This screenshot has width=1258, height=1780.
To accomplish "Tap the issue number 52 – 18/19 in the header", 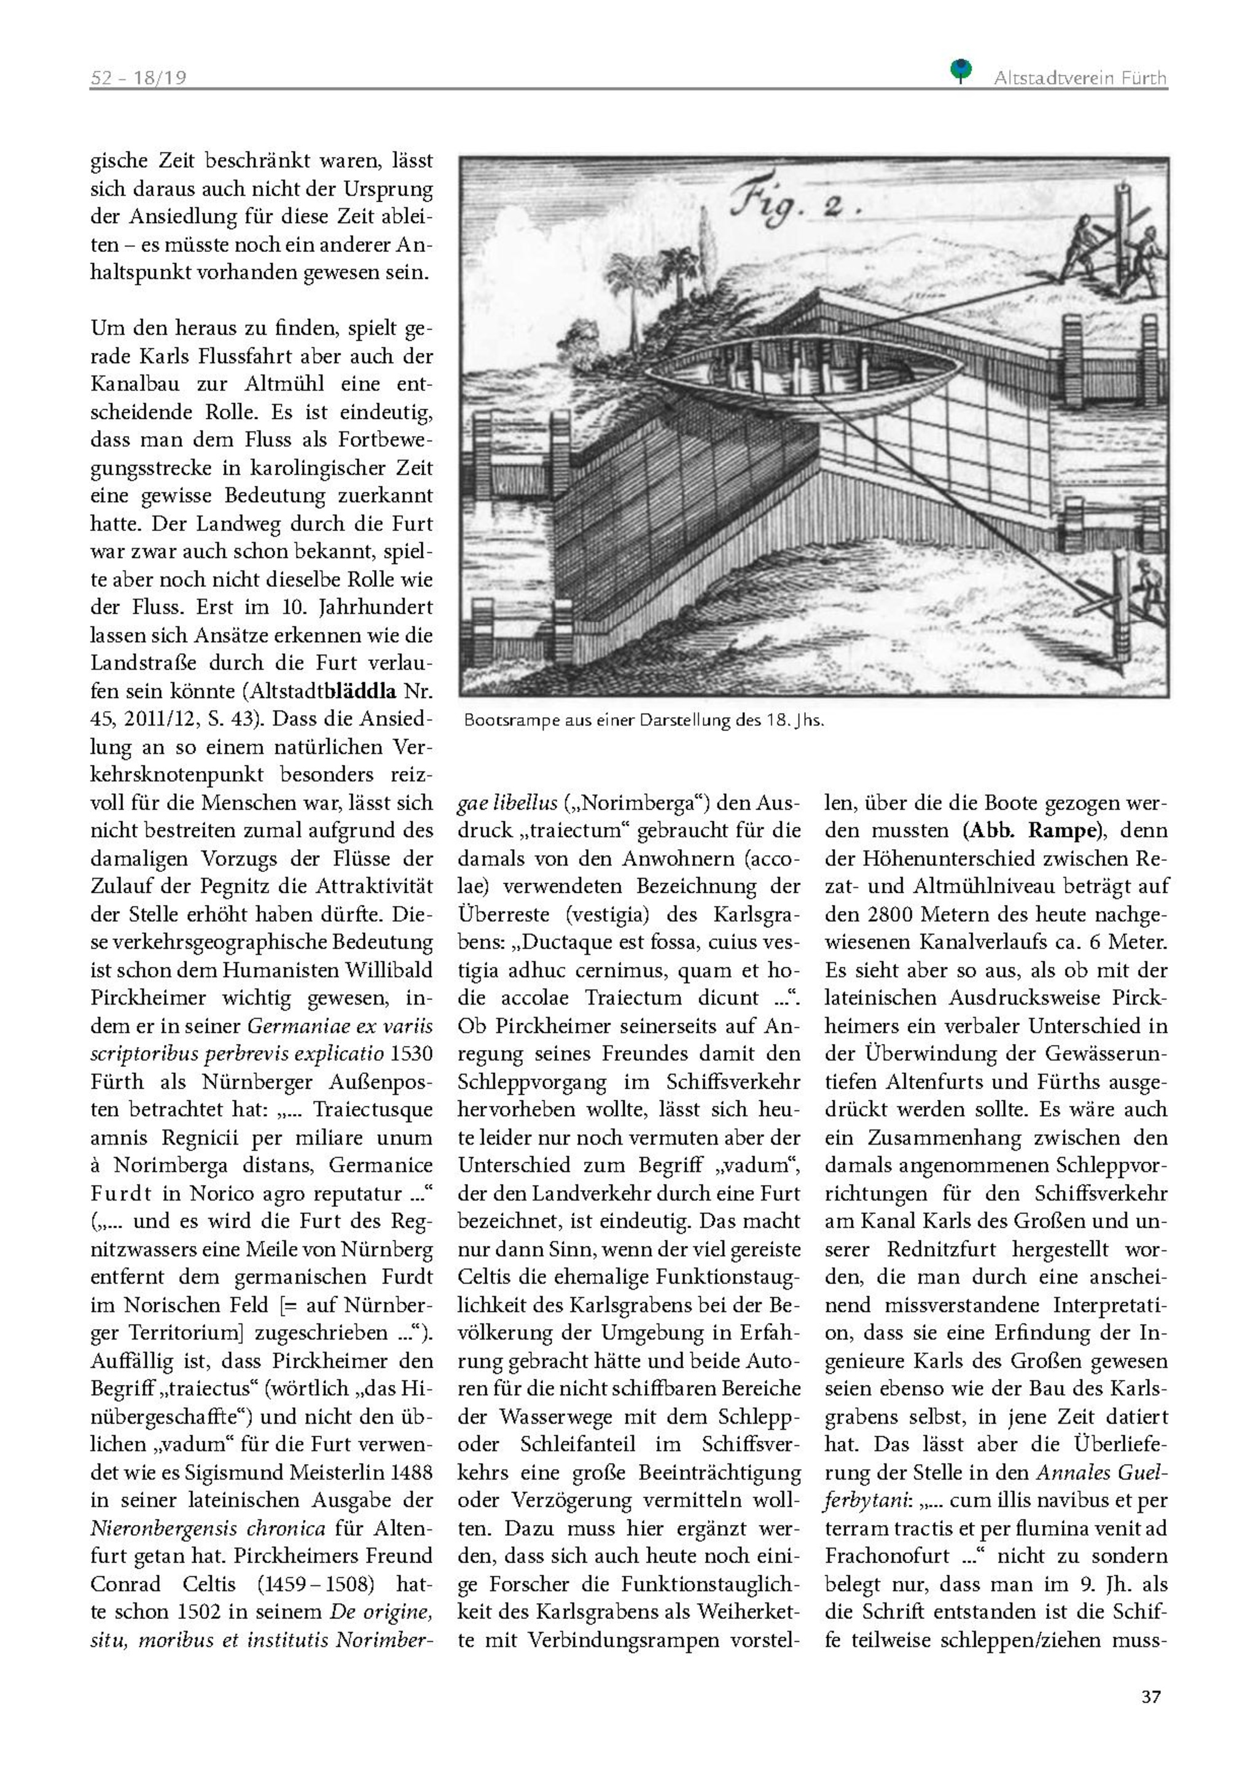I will tap(139, 77).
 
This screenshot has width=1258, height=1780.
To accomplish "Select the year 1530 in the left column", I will tap(412, 1054).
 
